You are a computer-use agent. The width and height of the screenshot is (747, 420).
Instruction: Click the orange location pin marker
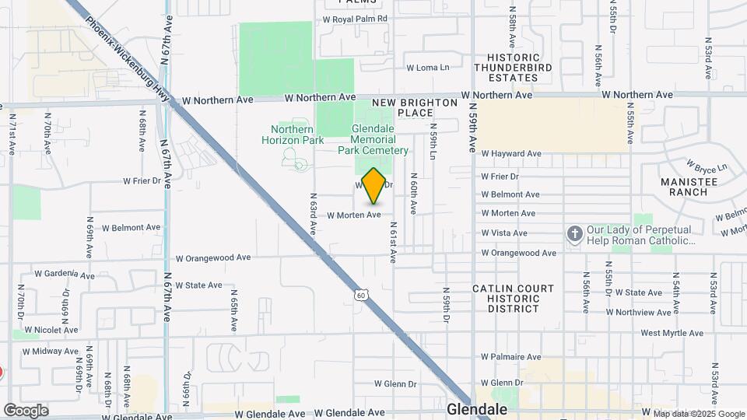(374, 186)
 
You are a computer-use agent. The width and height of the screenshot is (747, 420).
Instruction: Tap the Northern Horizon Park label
(297, 135)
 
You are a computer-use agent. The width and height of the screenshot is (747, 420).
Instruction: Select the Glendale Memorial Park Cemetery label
(373, 139)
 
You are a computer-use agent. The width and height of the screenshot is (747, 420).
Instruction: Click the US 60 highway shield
(359, 294)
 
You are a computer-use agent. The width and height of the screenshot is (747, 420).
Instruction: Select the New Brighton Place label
(415, 107)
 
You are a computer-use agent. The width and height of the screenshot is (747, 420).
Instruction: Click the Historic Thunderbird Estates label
(513, 68)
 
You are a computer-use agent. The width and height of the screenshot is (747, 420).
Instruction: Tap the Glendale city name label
(477, 409)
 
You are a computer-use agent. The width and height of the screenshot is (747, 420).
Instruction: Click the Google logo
(26, 411)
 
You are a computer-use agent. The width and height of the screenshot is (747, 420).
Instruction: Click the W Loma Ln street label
(428, 68)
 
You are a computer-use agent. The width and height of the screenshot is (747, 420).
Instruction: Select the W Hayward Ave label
(510, 154)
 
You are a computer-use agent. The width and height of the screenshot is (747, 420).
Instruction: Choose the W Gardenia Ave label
(65, 274)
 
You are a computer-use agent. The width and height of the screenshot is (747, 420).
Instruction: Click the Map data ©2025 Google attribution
(699, 414)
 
